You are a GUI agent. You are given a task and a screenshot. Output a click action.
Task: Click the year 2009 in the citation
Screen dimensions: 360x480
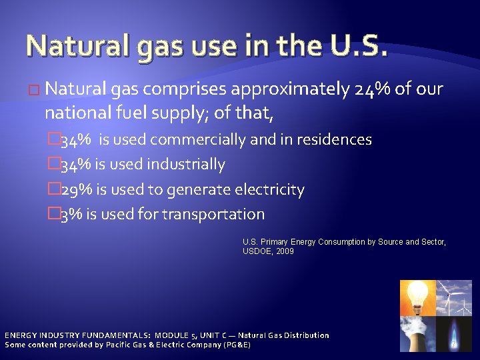pyautogui.click(x=285, y=251)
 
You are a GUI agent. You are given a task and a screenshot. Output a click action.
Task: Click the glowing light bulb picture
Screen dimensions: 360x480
pyautogui.click(x=417, y=297)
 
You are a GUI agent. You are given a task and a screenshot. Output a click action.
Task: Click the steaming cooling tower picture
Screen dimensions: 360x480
pyautogui.click(x=417, y=333)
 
